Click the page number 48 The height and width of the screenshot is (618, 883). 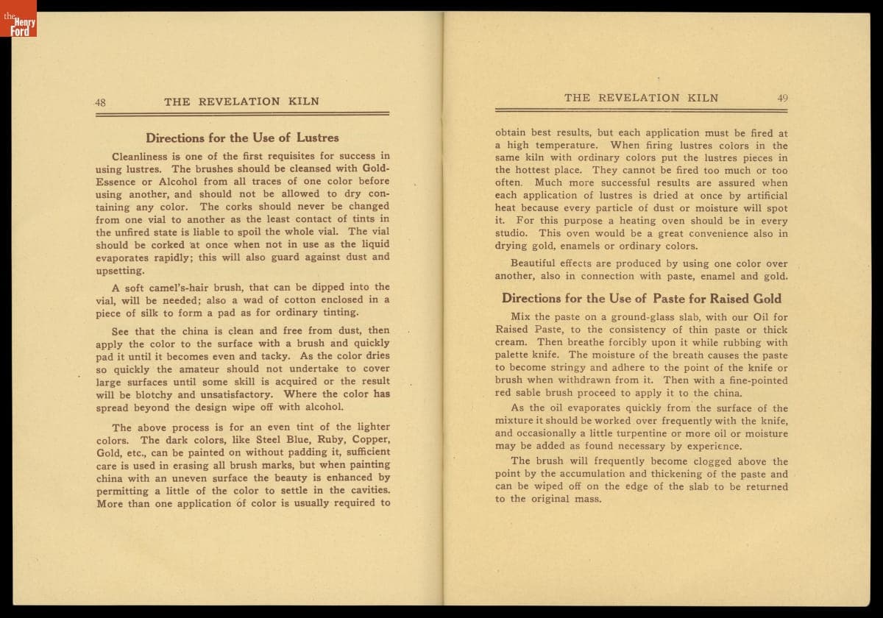click(x=100, y=102)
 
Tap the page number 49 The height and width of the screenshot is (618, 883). click(x=781, y=98)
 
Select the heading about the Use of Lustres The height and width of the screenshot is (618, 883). click(x=242, y=138)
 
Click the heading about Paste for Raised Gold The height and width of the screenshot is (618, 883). click(x=642, y=299)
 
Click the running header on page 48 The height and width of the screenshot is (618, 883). click(x=241, y=102)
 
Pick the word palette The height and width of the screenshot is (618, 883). click(x=514, y=355)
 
